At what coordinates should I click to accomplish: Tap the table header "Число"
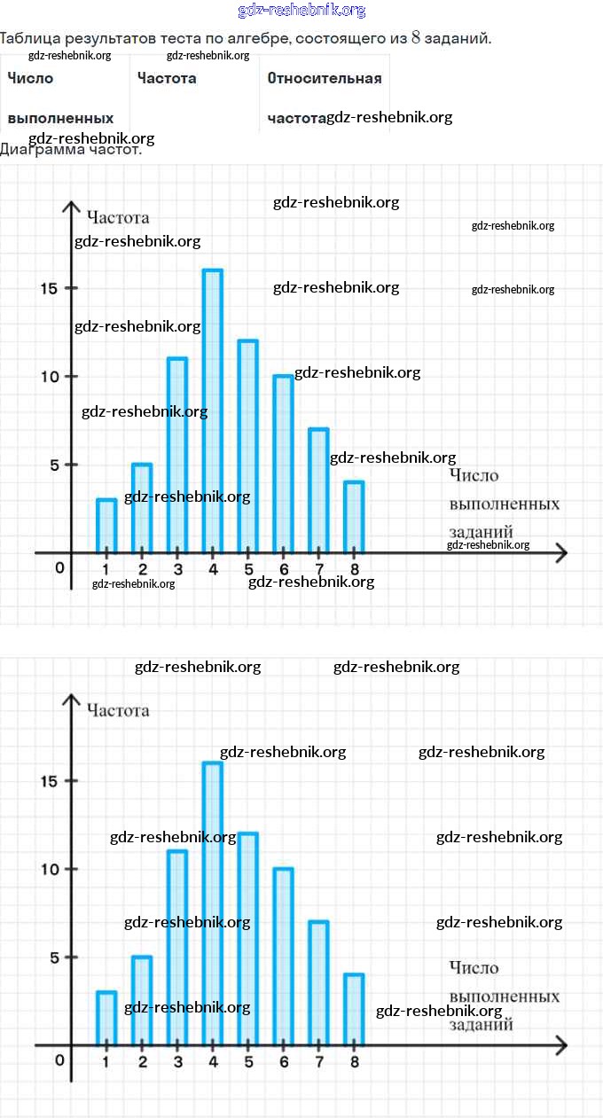30,78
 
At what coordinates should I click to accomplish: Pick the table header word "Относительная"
324,78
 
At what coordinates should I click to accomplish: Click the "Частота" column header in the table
167,78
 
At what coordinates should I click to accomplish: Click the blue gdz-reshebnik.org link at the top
301,11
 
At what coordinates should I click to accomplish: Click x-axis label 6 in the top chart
284,569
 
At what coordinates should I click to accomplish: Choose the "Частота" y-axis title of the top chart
118,217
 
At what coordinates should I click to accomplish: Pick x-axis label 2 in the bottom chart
142,1061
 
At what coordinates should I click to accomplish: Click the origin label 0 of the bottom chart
60,1059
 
